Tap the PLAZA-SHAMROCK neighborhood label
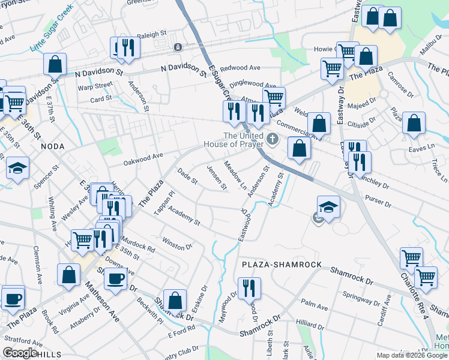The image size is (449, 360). point(282,265)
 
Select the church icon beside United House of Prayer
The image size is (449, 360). point(273,140)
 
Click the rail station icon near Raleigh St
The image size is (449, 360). point(178,47)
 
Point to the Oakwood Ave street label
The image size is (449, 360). point(143,156)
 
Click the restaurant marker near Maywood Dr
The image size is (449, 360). point(248,288)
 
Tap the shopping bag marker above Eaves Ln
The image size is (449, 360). point(413,124)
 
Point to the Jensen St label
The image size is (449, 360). point(216,178)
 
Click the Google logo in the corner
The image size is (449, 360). point(20,353)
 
